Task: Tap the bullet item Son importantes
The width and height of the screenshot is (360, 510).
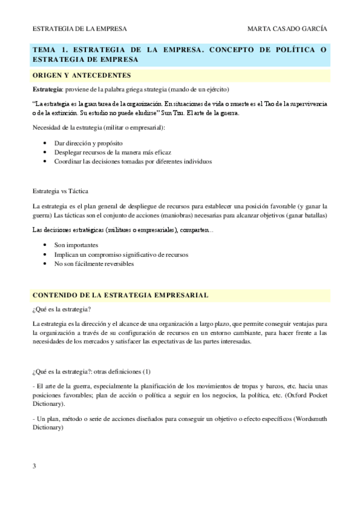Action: [76, 245]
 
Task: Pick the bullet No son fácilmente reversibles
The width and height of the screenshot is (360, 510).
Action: [94, 263]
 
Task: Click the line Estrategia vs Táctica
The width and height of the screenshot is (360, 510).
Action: [60, 191]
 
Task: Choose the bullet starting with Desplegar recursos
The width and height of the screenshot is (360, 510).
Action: [100, 153]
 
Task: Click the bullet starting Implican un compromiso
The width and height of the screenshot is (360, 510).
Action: [121, 254]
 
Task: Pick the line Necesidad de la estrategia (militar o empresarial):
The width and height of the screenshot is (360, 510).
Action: [99, 127]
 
